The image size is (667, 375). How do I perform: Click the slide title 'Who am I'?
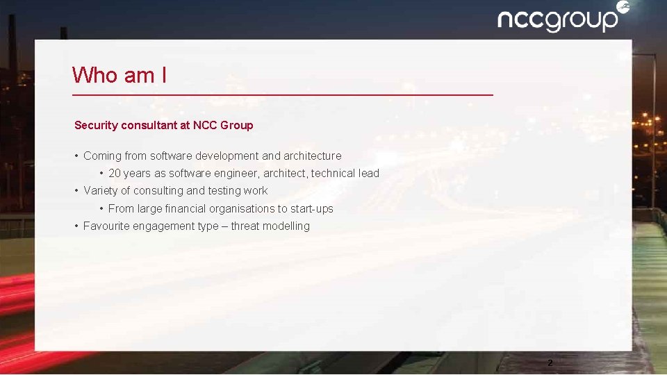119,75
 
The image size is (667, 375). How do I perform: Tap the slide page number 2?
550,362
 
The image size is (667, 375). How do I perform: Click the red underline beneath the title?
283,94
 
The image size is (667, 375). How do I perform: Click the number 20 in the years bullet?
115,174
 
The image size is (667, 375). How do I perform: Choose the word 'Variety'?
101,191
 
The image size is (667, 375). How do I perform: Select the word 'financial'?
184,209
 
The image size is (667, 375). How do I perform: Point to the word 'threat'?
245,226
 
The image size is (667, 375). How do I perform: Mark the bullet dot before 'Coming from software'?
76,156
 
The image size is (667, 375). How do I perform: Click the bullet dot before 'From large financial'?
101,209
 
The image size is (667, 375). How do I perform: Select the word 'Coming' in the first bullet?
102,156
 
